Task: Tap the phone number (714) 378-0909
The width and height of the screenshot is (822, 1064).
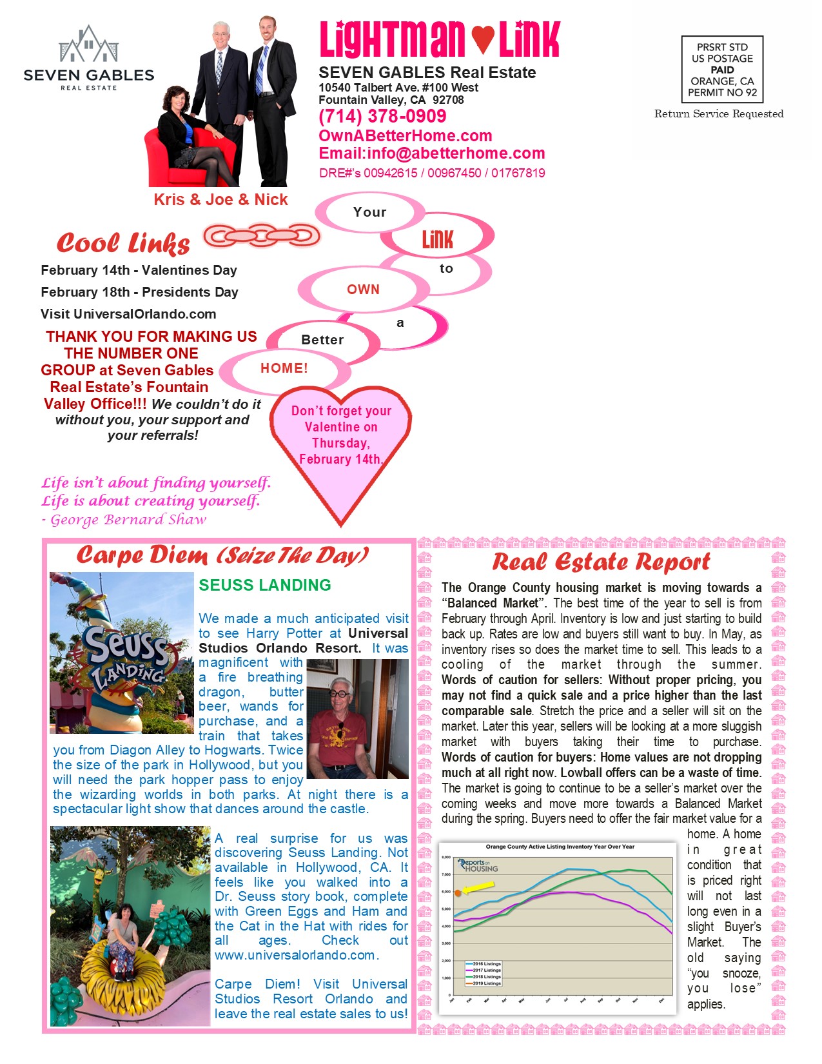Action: pyautogui.click(x=382, y=116)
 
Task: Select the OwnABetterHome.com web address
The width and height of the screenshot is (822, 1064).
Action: pyautogui.click(x=405, y=135)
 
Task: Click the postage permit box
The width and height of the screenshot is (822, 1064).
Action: pyautogui.click(x=722, y=70)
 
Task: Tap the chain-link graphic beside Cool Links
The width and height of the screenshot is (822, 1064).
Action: pyautogui.click(x=262, y=235)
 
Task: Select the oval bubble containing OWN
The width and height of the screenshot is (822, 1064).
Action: pyautogui.click(x=363, y=290)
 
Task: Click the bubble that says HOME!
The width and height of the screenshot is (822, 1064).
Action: pyautogui.click(x=284, y=368)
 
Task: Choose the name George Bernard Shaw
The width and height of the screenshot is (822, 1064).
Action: pyautogui.click(x=128, y=520)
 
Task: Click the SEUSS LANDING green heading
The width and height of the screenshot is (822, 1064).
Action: pyautogui.click(x=264, y=585)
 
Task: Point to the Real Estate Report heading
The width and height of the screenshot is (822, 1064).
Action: pyautogui.click(x=601, y=562)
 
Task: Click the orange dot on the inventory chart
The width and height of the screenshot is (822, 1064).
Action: pyautogui.click(x=458, y=893)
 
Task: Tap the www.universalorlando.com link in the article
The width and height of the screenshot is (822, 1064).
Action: pyautogui.click(x=296, y=955)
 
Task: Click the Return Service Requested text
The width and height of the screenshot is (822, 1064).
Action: pyautogui.click(x=719, y=114)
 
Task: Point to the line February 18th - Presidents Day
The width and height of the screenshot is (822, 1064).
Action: pyautogui.click(x=139, y=292)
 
